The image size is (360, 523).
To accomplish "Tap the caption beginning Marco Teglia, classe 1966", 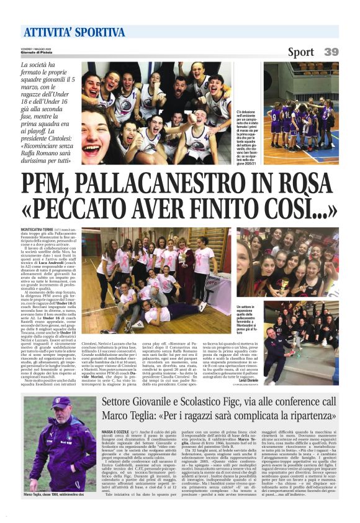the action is click(x=57, y=494).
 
